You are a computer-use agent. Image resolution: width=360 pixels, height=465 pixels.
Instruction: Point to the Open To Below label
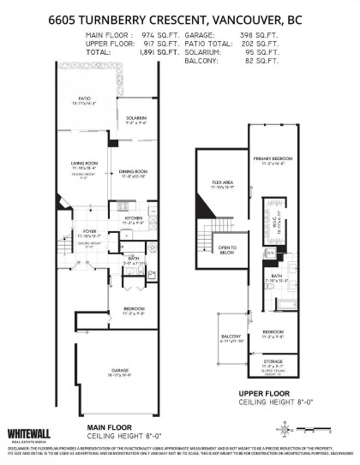[x=227, y=250]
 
